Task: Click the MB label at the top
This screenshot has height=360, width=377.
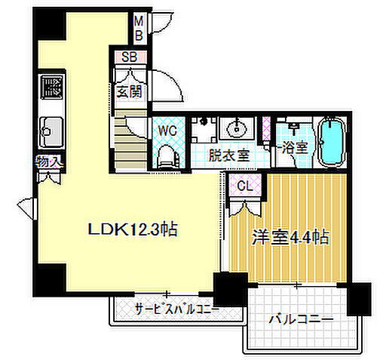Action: pos(139,28)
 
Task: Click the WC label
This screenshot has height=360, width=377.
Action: pos(167,130)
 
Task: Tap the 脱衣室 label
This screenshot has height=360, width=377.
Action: pos(228,156)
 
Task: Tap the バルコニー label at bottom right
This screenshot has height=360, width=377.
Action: pos(301,320)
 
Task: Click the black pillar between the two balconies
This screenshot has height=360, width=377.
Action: pos(230,290)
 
